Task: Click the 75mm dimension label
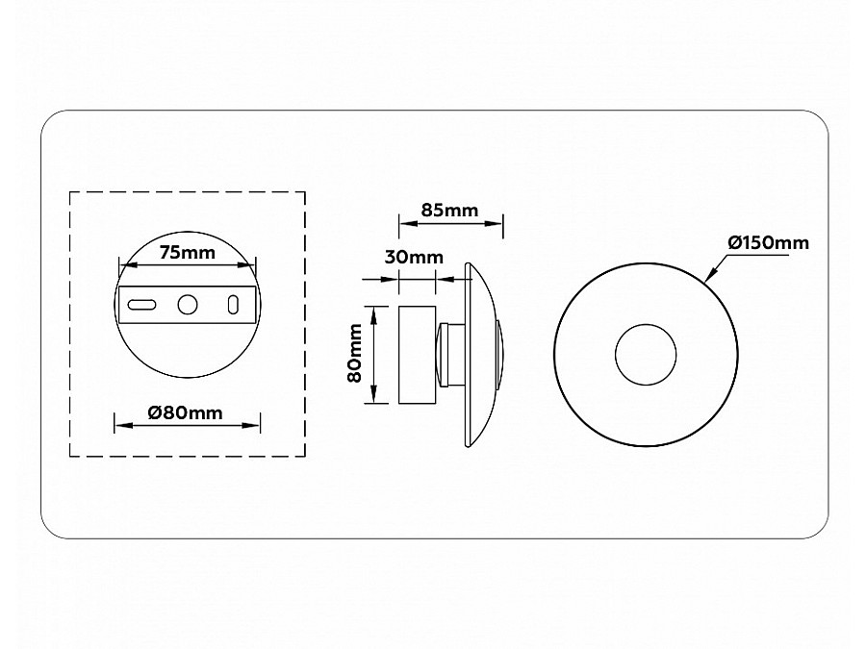coord(188,253)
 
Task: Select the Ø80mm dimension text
coord(185,412)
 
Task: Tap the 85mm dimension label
coord(449,211)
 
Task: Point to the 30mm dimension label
coord(414,257)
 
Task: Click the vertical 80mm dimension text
coord(354,353)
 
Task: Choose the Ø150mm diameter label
coord(768,243)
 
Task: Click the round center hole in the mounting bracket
coord(188,305)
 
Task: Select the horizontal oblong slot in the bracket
coord(142,305)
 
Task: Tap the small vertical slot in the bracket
coord(233,305)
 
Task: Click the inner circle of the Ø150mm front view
coord(646,325)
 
